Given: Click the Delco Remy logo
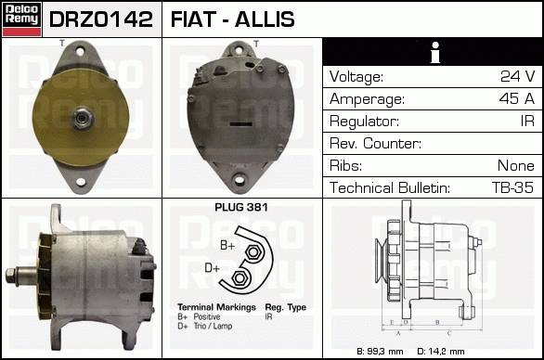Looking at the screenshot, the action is point(21,19).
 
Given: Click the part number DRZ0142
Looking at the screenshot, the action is point(101,19).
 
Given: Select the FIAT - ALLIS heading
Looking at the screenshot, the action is point(232,19).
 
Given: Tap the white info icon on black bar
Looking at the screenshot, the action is point(435,52).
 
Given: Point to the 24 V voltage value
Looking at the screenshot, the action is point(518,76).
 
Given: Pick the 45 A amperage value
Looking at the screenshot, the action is point(517,99).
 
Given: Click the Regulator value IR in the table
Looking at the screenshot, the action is point(527,121).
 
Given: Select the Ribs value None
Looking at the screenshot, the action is point(516,166).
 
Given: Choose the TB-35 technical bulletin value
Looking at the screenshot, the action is point(512,187).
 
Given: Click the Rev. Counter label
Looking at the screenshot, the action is point(375,143).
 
